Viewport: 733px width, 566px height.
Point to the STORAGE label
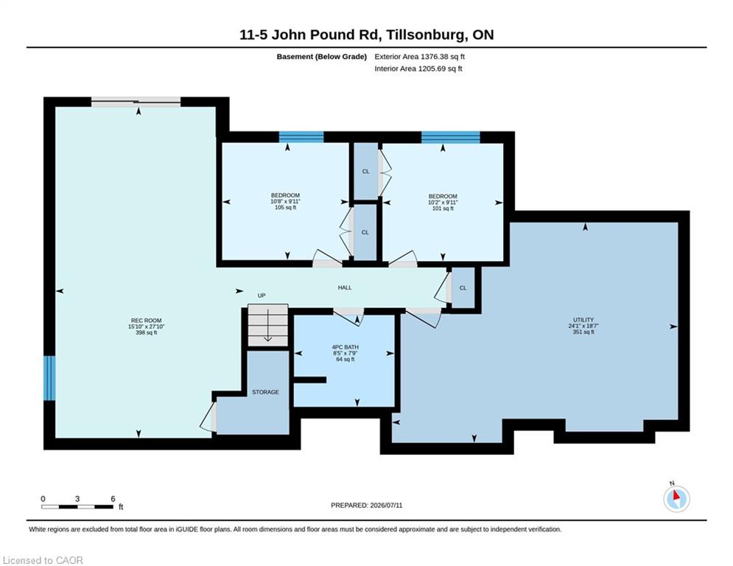coord(265,392)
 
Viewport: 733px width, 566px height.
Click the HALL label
coord(345,287)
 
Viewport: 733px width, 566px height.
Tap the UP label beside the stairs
coord(262,296)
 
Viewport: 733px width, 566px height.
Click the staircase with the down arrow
coord(268,325)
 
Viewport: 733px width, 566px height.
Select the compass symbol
coord(676,499)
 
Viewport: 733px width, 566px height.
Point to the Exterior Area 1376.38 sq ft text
coord(419,57)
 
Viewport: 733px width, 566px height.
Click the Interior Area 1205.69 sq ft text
coord(418,69)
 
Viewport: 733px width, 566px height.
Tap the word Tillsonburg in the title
coord(427,35)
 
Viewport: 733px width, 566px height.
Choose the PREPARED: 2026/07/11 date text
coord(367,505)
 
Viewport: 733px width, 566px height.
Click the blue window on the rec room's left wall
coord(49,378)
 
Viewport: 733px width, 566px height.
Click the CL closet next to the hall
coord(463,288)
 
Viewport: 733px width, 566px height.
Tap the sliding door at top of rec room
coord(136,102)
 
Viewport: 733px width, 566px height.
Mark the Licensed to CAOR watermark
coord(43,560)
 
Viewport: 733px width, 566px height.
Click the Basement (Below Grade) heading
coord(322,57)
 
